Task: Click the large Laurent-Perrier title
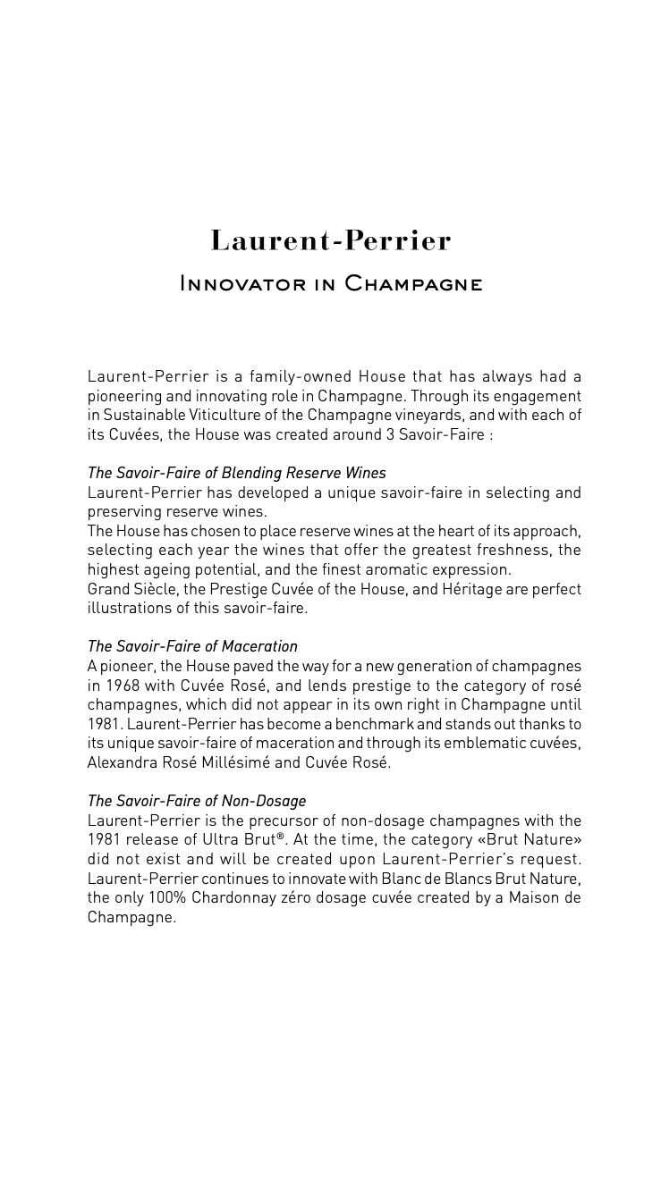[x=330, y=241]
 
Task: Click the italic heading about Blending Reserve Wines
[x=236, y=473]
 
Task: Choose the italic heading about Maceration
[x=192, y=646]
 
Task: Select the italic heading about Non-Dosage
[x=197, y=801]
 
